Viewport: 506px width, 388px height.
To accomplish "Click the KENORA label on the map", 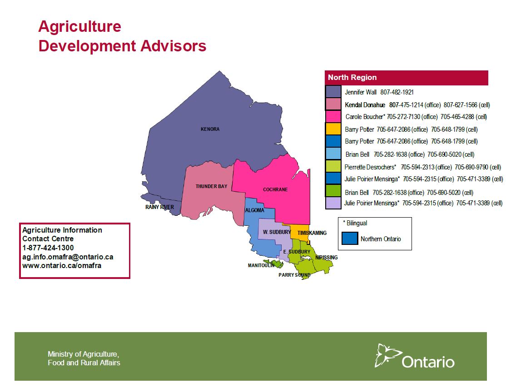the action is click(x=210, y=129).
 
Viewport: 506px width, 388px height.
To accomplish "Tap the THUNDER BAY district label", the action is click(x=211, y=186).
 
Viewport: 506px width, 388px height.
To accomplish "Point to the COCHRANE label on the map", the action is click(x=275, y=189).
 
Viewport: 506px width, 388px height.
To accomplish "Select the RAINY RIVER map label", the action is click(x=159, y=207).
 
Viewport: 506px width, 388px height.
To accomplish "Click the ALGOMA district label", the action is click(x=255, y=210).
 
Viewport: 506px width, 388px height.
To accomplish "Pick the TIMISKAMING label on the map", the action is click(x=312, y=233).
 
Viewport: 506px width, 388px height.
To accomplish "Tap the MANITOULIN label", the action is click(x=261, y=265).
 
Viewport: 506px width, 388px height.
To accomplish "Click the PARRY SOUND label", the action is click(x=294, y=275).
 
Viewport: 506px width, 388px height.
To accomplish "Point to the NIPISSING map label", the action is click(x=326, y=257).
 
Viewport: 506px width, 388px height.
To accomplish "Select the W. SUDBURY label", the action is click(x=277, y=232).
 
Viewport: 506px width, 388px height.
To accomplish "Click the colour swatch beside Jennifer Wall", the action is click(x=333, y=92).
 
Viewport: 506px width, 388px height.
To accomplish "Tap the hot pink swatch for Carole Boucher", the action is click(x=333, y=116).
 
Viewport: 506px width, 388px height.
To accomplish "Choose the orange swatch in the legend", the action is click(x=333, y=129).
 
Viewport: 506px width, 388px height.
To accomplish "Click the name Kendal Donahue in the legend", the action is click(x=365, y=105).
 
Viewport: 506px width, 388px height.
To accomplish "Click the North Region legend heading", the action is click(x=352, y=78).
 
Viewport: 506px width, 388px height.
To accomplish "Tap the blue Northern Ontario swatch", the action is click(x=350, y=239).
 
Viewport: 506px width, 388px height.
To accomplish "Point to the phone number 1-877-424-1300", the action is click(x=48, y=248).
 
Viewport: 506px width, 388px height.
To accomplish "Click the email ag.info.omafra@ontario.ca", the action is click(x=68, y=257).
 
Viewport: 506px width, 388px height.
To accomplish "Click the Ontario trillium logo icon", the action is click(x=387, y=355).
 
